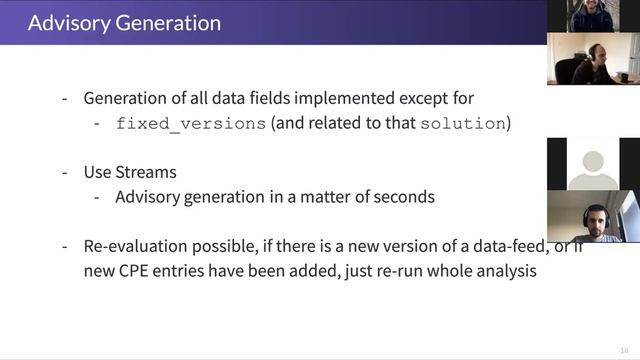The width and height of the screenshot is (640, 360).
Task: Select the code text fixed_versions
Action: click(x=191, y=124)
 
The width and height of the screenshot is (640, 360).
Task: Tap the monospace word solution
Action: click(x=463, y=124)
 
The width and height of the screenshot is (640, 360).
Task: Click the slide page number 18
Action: click(x=624, y=349)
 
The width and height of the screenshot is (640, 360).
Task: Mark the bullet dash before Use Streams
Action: click(x=65, y=172)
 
